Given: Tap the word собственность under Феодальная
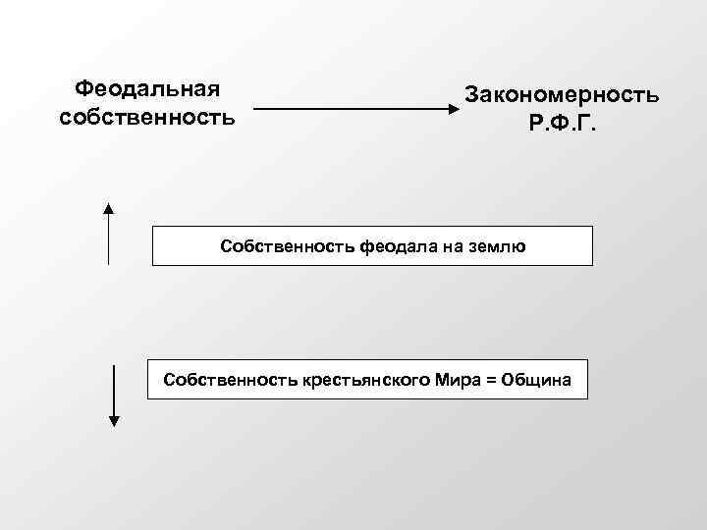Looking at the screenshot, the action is coord(147,119).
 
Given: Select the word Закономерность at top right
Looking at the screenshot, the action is coord(562,96).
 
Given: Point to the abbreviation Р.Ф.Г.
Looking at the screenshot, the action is coord(562,126).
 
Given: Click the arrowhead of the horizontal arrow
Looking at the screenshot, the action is coord(453,109).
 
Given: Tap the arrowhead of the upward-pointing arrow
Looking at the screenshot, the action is coord(109,208).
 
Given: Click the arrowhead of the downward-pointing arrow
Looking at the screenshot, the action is coord(114,421).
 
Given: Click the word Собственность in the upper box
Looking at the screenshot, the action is coord(280,247).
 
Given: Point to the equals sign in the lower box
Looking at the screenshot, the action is coord(486,379).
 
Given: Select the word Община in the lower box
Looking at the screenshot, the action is coord(535,379).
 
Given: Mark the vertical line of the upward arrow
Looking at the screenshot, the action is coord(109,240).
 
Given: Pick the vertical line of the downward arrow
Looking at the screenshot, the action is coord(114,388).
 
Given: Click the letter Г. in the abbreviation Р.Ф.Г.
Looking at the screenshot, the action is coord(587,126).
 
